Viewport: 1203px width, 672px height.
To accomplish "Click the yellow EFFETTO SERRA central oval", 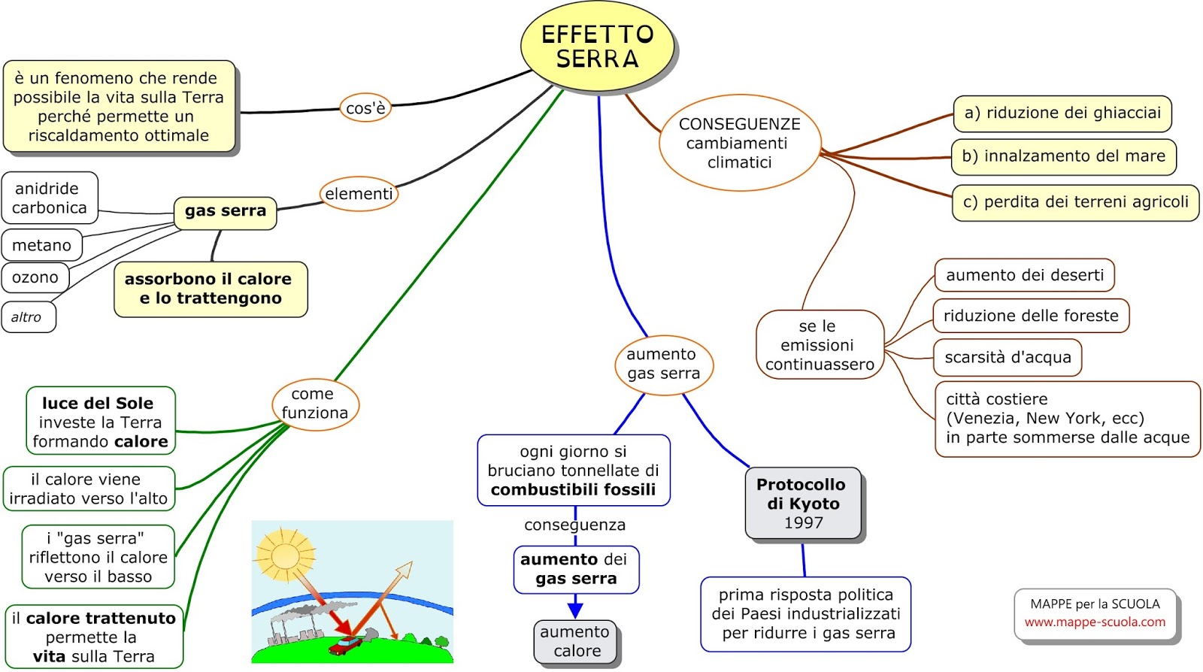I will tap(597, 46).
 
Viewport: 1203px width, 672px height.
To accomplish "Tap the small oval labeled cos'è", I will tap(365, 108).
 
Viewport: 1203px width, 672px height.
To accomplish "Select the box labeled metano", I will tap(42, 245).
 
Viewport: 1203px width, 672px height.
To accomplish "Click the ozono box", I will tap(35, 277).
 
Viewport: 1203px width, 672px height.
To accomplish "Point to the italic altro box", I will tap(28, 317).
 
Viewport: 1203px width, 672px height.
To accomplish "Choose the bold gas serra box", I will tap(226, 211).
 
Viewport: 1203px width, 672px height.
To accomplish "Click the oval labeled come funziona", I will tap(315, 404).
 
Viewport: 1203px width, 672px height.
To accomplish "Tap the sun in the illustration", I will tap(285, 556).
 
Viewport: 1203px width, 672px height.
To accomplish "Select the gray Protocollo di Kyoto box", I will tap(802, 503).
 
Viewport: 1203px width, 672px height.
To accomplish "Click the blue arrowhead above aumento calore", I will tap(575, 607).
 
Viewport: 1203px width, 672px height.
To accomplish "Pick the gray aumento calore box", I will tap(575, 641).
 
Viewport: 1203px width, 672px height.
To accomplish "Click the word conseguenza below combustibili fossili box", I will tap(574, 525).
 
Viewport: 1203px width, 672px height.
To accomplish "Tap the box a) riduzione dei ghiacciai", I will tap(1062, 114).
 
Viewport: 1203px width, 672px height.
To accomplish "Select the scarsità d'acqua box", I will tap(1008, 358).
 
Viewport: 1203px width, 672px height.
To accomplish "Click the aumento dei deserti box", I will tap(1024, 275).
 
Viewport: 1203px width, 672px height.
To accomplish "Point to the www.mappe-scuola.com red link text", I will tap(1095, 622).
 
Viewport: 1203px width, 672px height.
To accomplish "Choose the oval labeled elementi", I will tap(359, 194).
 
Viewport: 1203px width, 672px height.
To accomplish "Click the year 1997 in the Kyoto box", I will tap(803, 523).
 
